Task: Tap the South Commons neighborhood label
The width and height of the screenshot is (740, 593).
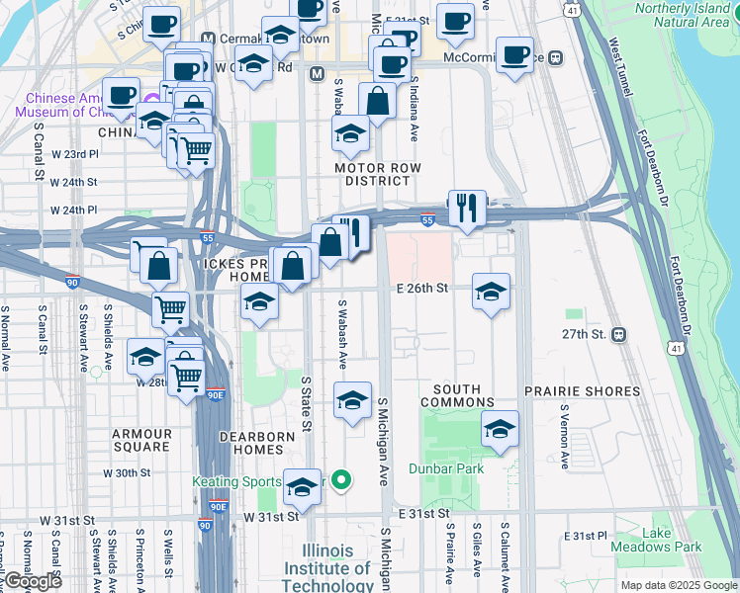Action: pyautogui.click(x=457, y=395)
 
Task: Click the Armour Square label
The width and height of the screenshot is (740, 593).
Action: pyautogui.click(x=141, y=440)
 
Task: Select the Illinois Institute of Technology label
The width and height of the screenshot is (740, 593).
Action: pyautogui.click(x=327, y=568)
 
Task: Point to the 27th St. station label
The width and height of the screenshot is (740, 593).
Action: pyautogui.click(x=585, y=334)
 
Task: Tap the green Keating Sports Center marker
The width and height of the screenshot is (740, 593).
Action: pyautogui.click(x=341, y=481)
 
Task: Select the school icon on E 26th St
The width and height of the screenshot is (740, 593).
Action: pyautogui.click(x=491, y=292)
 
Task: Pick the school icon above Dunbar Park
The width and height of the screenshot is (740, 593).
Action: pyautogui.click(x=501, y=430)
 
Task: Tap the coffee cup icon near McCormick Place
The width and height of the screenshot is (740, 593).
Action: pyautogui.click(x=513, y=55)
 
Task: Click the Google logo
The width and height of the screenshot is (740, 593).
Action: pyautogui.click(x=32, y=581)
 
